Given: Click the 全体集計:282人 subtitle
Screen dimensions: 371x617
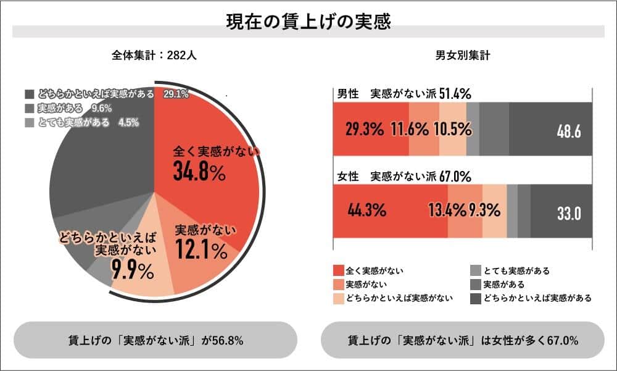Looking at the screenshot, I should [154, 55].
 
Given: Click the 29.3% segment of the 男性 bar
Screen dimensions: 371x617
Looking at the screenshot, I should [365, 130].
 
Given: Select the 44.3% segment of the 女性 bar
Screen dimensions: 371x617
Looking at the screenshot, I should [366, 211].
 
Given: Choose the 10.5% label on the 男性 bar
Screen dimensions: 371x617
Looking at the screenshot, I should [452, 130].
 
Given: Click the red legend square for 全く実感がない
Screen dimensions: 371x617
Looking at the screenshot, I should [337, 270].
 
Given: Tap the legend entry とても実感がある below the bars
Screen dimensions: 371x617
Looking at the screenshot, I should [516, 270].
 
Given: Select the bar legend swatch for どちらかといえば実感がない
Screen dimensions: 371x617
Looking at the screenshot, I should [337, 298].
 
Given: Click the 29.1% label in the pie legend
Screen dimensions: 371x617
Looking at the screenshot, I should [176, 94].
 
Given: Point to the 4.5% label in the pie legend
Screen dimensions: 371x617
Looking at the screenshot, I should [128, 122].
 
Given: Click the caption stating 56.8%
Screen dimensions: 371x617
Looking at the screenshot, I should [155, 340].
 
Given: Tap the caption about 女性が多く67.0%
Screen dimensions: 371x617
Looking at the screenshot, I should [462, 340].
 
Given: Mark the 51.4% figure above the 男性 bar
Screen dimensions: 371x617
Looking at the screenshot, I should [455, 94].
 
